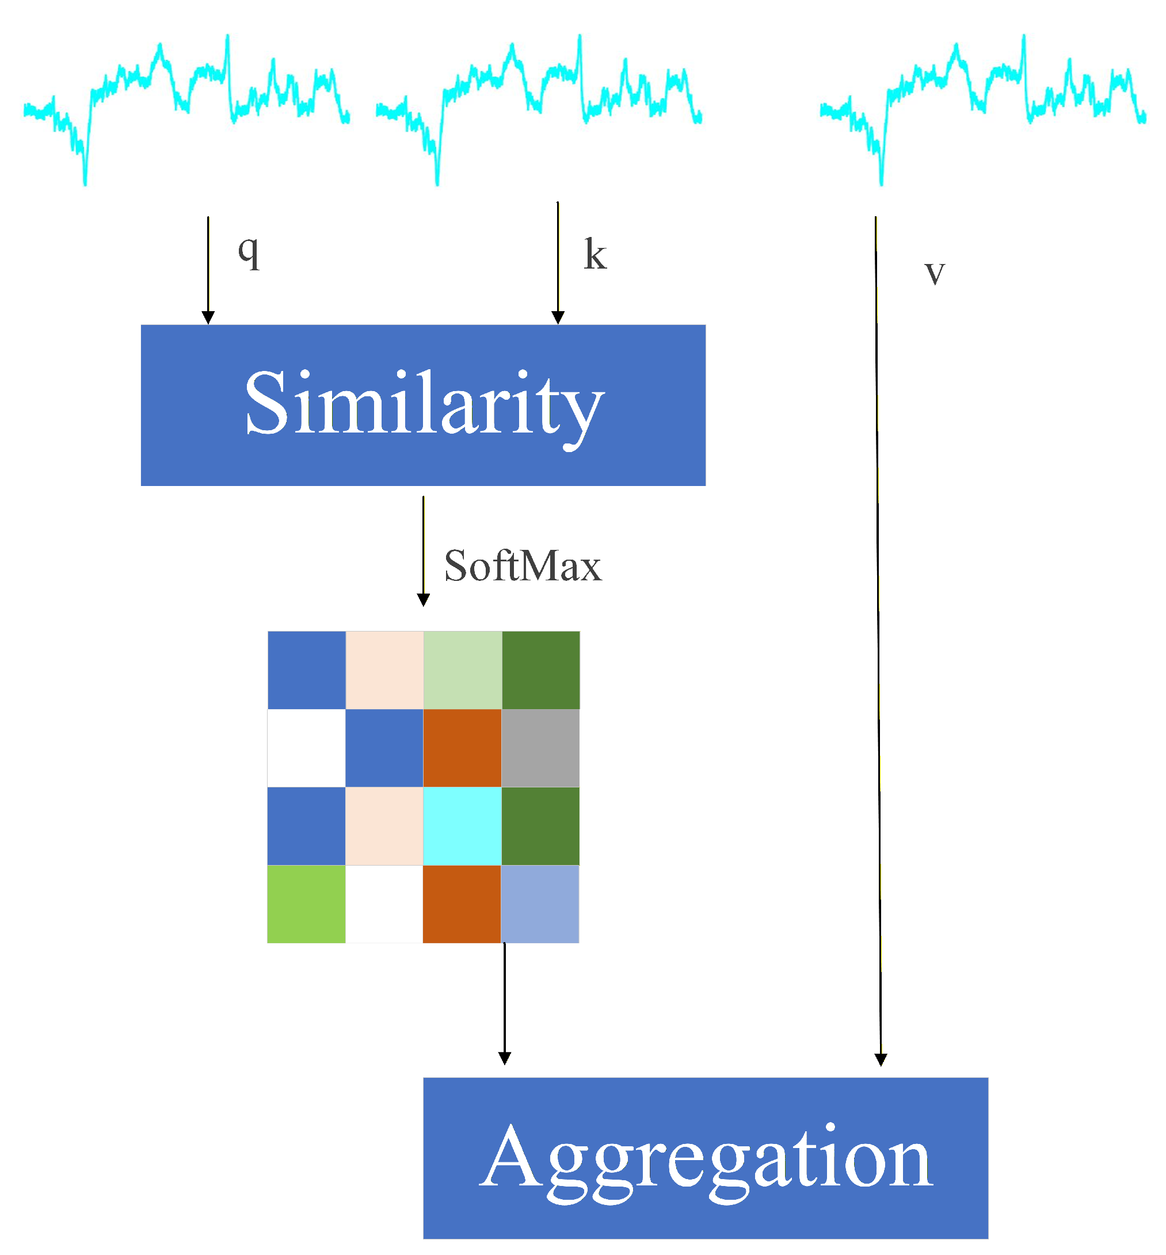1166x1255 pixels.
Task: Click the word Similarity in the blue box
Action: pos(424,404)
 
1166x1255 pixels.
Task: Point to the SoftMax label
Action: pos(523,566)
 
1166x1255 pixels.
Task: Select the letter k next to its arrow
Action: pos(595,255)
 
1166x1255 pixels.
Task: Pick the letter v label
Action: pos(935,273)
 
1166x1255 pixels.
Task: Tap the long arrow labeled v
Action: pos(878,630)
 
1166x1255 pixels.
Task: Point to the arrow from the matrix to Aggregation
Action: pos(504,1003)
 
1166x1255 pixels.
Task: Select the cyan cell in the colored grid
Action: pos(462,825)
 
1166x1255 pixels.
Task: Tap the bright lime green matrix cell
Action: pos(307,904)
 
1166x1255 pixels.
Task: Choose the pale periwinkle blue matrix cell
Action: pos(540,904)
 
